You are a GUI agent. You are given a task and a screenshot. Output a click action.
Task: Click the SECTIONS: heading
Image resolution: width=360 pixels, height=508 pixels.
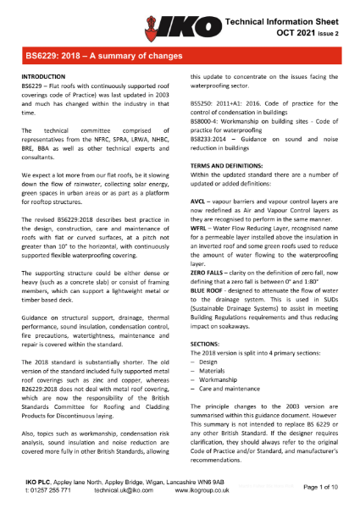(x=205, y=341)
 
